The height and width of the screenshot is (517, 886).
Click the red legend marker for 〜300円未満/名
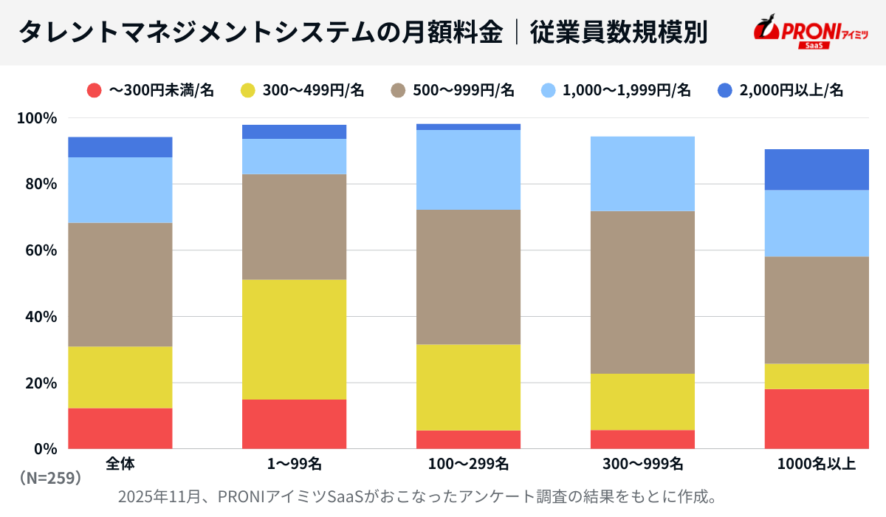click(94, 90)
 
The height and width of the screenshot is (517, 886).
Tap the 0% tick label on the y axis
click(45, 448)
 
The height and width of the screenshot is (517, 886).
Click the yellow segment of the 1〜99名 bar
click(294, 340)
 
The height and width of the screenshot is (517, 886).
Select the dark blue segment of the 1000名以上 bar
click(817, 170)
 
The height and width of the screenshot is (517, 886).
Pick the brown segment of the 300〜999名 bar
click(642, 292)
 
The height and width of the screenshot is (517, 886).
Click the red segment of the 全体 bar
click(120, 428)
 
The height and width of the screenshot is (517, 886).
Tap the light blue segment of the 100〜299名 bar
click(468, 170)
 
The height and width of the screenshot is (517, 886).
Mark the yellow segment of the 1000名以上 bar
click(817, 377)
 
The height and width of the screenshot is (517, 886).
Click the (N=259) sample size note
click(50, 479)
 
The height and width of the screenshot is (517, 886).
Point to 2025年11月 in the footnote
click(159, 496)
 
